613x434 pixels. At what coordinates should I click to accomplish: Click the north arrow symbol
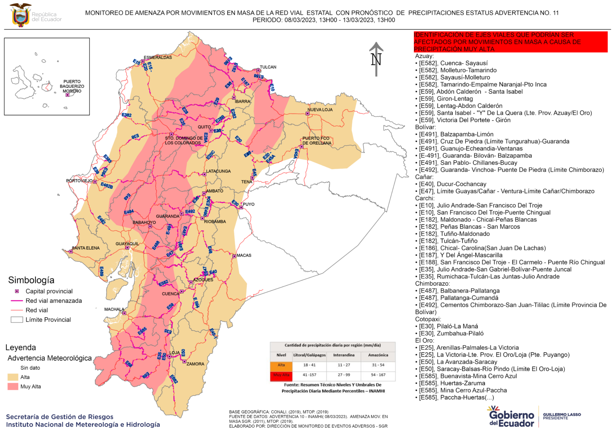[x=376, y=59]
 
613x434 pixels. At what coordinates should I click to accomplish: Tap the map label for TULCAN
[x=268, y=67]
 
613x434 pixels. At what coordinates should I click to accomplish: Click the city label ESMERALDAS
[x=158, y=58]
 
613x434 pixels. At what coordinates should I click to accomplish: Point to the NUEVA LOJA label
[x=320, y=109]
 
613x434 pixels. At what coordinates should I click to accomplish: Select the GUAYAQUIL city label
[x=127, y=244]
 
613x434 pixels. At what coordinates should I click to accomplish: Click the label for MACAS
[x=244, y=255]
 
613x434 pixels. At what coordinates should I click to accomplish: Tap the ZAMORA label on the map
[x=195, y=364]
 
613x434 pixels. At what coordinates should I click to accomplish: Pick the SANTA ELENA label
[x=86, y=248]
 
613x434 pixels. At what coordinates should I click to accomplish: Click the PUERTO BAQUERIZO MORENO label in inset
[x=72, y=86]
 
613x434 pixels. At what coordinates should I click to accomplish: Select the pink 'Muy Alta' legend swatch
[x=13, y=386]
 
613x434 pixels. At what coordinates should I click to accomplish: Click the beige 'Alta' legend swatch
[x=13, y=377]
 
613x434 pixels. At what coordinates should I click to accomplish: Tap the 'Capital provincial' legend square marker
[x=17, y=291]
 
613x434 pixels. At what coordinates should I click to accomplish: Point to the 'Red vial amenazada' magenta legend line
[x=17, y=301]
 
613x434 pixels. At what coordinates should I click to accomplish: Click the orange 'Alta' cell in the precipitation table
[x=281, y=365]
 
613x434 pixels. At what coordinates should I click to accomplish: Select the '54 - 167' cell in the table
[x=378, y=375]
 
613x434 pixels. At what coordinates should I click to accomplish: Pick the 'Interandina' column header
[x=344, y=355]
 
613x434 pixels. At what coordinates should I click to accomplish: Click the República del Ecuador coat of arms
[x=20, y=15]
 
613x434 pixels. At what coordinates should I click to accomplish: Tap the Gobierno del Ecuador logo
[x=511, y=416]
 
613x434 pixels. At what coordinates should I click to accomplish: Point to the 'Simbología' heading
[x=31, y=280]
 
